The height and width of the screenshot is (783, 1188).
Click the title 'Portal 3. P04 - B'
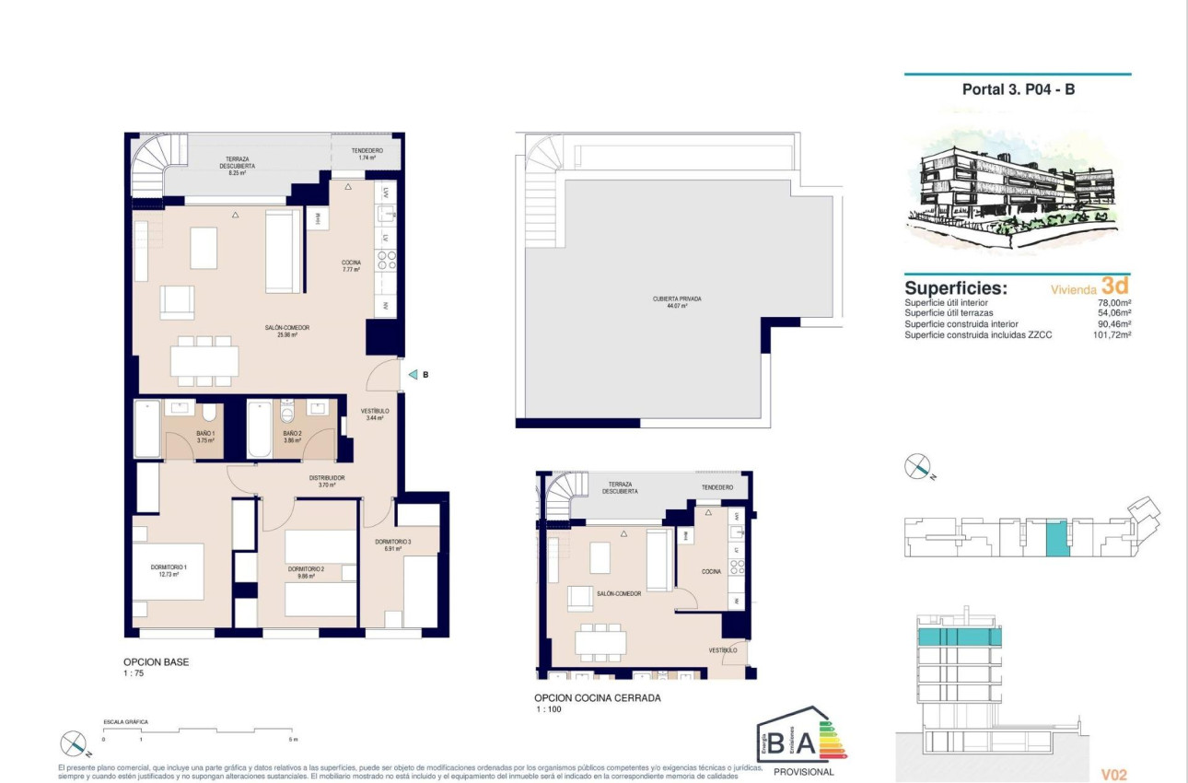(1018, 90)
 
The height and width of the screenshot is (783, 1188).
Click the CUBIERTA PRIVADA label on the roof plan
(670, 301)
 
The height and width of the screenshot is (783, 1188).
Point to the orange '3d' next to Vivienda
(1115, 286)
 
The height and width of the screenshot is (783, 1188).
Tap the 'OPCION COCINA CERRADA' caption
(598, 698)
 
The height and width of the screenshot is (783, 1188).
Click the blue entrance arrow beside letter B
(413, 375)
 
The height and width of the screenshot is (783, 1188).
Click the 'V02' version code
(1113, 776)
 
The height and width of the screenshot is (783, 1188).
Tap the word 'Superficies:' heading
(956, 288)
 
